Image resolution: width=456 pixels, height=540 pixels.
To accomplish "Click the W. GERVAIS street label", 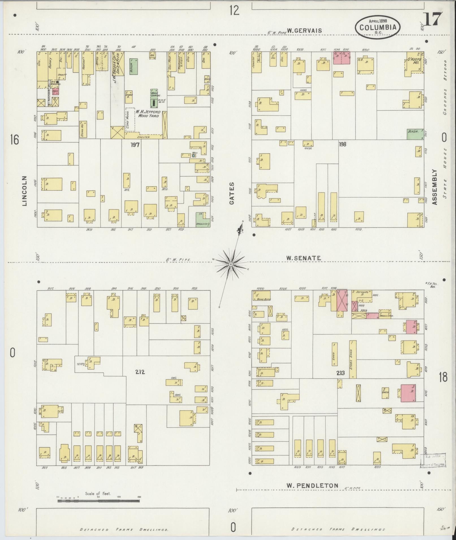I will pyautogui.click(x=304, y=30).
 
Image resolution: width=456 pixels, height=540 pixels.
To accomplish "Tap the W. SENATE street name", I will pyautogui.click(x=303, y=258).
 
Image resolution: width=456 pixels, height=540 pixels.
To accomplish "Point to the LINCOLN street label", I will pyautogui.click(x=24, y=191).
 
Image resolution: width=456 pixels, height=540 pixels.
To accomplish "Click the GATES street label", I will pyautogui.click(x=232, y=193).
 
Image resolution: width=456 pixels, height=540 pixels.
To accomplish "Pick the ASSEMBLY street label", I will pyautogui.click(x=435, y=187).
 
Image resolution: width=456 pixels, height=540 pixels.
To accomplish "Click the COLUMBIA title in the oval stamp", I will pyautogui.click(x=378, y=27).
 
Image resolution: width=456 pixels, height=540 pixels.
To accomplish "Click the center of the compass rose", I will pyautogui.click(x=231, y=264).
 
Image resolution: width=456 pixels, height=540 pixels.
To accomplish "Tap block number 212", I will pyautogui.click(x=140, y=372).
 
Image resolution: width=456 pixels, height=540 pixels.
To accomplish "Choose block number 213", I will pyautogui.click(x=340, y=373).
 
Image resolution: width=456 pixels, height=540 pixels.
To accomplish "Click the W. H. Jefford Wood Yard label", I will pyautogui.click(x=148, y=113).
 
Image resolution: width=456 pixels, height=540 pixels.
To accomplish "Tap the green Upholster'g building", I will pyautogui.click(x=203, y=220).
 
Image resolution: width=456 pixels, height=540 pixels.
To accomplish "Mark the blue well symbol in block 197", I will pyautogui.click(x=194, y=155).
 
